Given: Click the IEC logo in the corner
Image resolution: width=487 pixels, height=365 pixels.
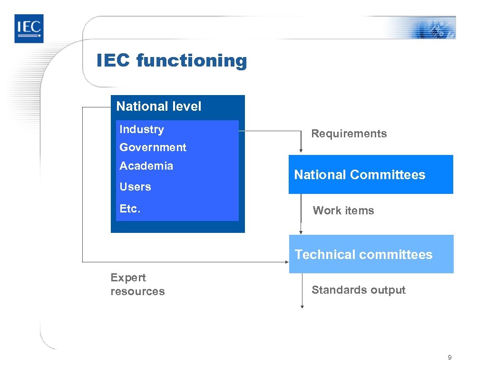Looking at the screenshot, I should (x=29, y=28).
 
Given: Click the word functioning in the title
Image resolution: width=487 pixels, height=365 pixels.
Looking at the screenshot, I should (x=192, y=61).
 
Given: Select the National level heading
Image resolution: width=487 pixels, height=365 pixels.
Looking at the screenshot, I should (x=159, y=106).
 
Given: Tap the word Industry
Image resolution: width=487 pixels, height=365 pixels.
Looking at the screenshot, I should (x=142, y=129).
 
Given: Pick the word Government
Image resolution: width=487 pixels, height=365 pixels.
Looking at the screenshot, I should (x=153, y=147).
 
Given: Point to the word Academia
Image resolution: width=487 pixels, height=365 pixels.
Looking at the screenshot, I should (x=146, y=166).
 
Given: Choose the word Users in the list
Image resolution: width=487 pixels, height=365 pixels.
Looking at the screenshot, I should (x=135, y=187).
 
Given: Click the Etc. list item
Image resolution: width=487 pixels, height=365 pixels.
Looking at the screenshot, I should (x=130, y=208).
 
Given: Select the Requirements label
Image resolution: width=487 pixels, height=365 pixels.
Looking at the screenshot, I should (x=349, y=134).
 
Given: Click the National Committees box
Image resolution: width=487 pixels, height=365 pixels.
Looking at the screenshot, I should (x=370, y=174).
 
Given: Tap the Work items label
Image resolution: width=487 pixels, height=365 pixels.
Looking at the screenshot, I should (x=343, y=211).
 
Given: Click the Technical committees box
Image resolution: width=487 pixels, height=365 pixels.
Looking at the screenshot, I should (x=371, y=254).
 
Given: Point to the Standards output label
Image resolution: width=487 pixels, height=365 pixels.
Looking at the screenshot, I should (x=359, y=290).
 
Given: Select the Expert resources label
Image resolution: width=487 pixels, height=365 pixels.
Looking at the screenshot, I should (x=137, y=284).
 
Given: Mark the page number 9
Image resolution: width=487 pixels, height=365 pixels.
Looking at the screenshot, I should (x=449, y=357).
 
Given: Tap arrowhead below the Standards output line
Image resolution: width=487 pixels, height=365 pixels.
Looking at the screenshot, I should (x=301, y=307).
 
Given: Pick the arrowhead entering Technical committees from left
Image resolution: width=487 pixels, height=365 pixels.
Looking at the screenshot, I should (x=287, y=261).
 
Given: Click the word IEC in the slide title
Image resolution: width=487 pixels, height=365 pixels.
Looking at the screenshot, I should (x=113, y=61).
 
